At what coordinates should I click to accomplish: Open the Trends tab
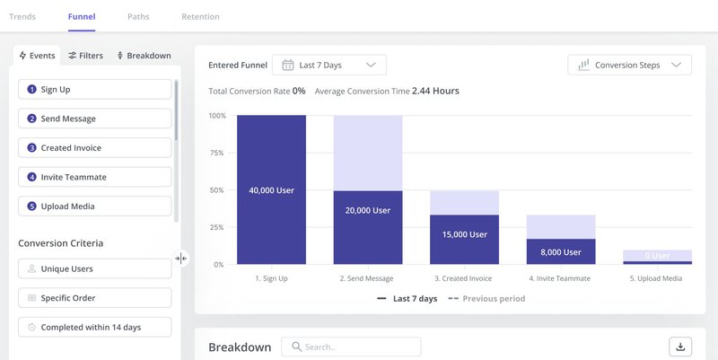pyautogui.click(x=22, y=16)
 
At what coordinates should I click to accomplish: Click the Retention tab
pyautogui.click(x=200, y=16)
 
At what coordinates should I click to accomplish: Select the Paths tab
pyautogui.click(x=138, y=16)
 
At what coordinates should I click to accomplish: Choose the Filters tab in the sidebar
pyautogui.click(x=86, y=56)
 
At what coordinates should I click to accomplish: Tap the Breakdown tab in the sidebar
pyautogui.click(x=144, y=56)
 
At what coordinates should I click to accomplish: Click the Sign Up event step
pyautogui.click(x=94, y=89)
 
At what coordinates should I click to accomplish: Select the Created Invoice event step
pyautogui.click(x=94, y=147)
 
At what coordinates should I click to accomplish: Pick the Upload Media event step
pyautogui.click(x=94, y=206)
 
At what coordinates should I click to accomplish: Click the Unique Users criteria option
pyautogui.click(x=94, y=268)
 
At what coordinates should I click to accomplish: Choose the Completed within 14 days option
pyautogui.click(x=94, y=327)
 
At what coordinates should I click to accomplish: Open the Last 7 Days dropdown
pyautogui.click(x=328, y=65)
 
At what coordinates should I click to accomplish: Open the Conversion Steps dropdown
pyautogui.click(x=630, y=65)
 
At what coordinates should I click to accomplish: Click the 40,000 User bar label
pyautogui.click(x=271, y=190)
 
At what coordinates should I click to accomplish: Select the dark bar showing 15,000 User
pyautogui.click(x=465, y=234)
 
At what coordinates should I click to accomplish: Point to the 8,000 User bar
pyautogui.click(x=561, y=252)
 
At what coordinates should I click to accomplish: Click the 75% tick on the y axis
pyautogui.click(x=217, y=153)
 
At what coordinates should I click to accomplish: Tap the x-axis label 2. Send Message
pyautogui.click(x=367, y=278)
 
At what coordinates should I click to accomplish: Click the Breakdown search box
pyautogui.click(x=351, y=347)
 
